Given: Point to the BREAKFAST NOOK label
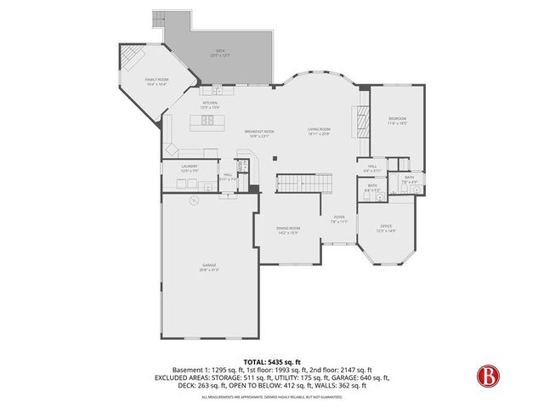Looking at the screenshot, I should pos(258,133).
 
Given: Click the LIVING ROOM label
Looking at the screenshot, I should pos(319,131).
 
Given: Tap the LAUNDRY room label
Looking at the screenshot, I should pos(189,168).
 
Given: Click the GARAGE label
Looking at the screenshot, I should pos(209,269).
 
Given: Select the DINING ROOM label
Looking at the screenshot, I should pos(288,229).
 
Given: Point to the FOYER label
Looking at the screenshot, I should pos(339,219).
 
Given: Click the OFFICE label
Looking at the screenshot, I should pos(387,228).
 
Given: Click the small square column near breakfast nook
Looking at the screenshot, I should pos(274,157).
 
